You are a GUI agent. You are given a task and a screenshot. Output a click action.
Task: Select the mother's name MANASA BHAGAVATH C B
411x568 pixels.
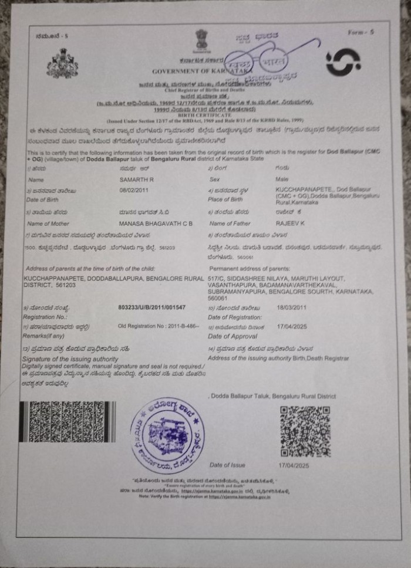pyautogui.click(x=156, y=224)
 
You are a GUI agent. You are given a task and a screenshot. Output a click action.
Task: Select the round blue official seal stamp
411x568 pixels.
pyautogui.click(x=168, y=435)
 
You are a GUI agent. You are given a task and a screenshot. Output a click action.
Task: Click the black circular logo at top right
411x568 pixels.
pyautogui.click(x=343, y=62)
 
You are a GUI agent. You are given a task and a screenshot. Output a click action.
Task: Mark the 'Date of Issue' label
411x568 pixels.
pyautogui.click(x=227, y=465)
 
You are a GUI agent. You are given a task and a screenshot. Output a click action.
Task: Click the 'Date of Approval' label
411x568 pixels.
pyautogui.click(x=233, y=336)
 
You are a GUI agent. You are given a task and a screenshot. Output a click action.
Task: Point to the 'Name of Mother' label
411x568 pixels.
pyautogui.click(x=48, y=224)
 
